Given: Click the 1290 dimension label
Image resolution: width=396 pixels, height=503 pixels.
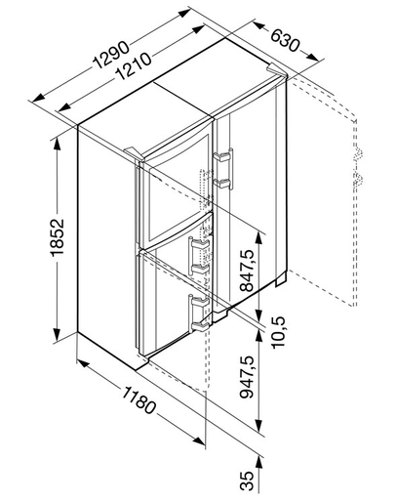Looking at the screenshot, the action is (111, 55).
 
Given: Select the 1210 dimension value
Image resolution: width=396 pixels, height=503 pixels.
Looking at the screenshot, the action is (133, 66).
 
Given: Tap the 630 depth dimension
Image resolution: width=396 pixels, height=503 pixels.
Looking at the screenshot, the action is (284, 40).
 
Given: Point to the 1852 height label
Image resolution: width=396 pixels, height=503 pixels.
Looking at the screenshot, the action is (58, 237).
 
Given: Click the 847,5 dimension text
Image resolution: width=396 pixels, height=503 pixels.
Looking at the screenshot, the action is (247, 271).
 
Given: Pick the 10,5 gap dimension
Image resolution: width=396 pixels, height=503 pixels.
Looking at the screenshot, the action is (279, 332).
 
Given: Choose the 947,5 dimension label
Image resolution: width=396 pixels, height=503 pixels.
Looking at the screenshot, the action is (247, 377).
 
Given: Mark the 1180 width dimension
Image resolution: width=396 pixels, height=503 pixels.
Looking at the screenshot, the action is (139, 400).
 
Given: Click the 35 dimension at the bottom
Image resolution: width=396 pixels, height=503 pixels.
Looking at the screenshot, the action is (247, 481).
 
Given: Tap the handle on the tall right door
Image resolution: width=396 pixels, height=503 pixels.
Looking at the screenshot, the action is (223, 169).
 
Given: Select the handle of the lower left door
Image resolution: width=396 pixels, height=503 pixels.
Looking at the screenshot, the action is (199, 314).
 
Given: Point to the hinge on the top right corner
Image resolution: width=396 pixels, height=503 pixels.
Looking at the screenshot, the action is (276, 69).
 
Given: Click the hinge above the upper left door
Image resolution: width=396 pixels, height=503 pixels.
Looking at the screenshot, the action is (134, 153).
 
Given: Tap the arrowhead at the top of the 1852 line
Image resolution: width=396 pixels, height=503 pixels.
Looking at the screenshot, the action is (57, 145).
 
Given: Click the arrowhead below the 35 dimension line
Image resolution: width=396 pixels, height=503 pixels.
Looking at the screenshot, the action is (259, 463).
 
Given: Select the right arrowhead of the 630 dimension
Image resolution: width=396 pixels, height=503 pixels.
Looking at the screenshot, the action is (312, 57).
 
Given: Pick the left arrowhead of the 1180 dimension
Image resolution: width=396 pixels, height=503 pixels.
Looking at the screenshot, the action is (83, 363).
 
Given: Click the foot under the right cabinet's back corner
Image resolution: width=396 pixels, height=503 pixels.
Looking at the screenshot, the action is (281, 278).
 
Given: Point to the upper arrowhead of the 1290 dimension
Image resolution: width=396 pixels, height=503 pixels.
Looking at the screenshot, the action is (184, 13).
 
